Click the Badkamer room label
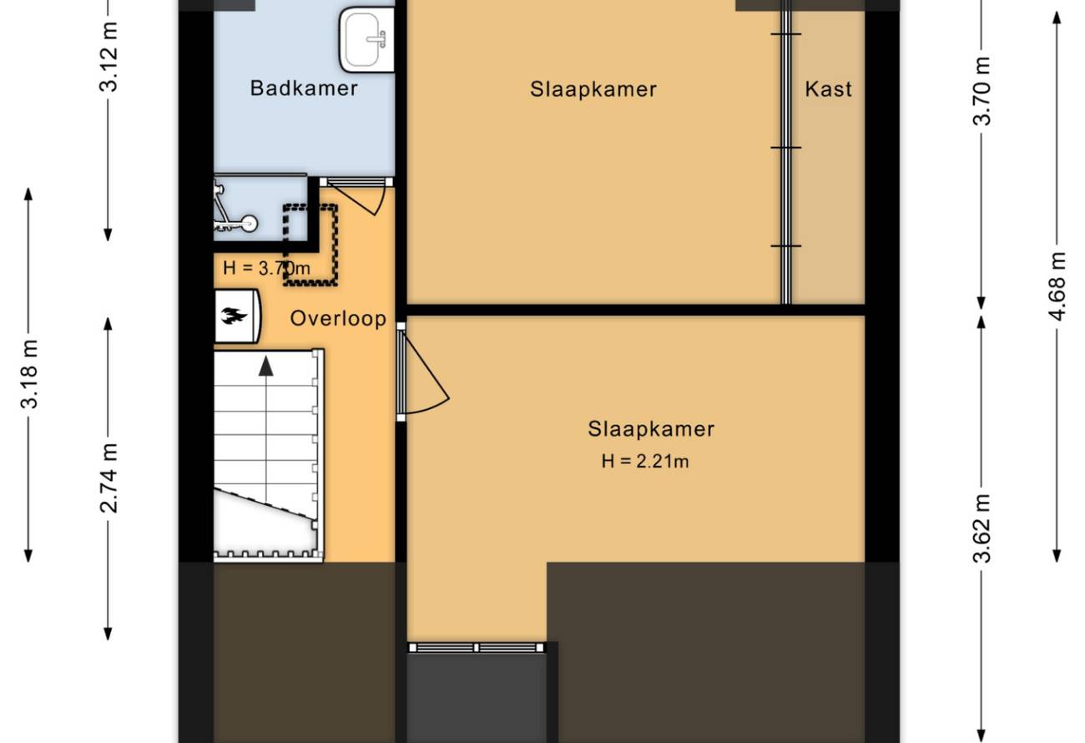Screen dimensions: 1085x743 (304, 88)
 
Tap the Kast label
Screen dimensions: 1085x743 (828, 89)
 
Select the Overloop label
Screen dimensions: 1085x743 (338, 319)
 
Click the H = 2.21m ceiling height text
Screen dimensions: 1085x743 (644, 461)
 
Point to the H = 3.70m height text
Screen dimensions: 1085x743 (266, 268)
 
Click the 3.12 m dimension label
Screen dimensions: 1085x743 (108, 57)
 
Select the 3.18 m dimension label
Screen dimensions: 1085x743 (29, 374)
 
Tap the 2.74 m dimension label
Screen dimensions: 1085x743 (108, 478)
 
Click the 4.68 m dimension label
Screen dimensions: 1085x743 (1057, 286)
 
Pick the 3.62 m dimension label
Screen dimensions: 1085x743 (982, 528)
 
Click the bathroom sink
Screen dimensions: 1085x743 (366, 40)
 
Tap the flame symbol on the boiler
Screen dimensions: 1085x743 (234, 316)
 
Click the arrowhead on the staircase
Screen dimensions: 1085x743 (266, 366)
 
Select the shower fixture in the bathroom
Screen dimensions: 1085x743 (235, 207)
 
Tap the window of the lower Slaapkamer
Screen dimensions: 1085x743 (476, 648)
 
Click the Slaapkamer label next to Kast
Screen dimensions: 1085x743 (593, 89)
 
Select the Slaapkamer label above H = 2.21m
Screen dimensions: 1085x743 (651, 429)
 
